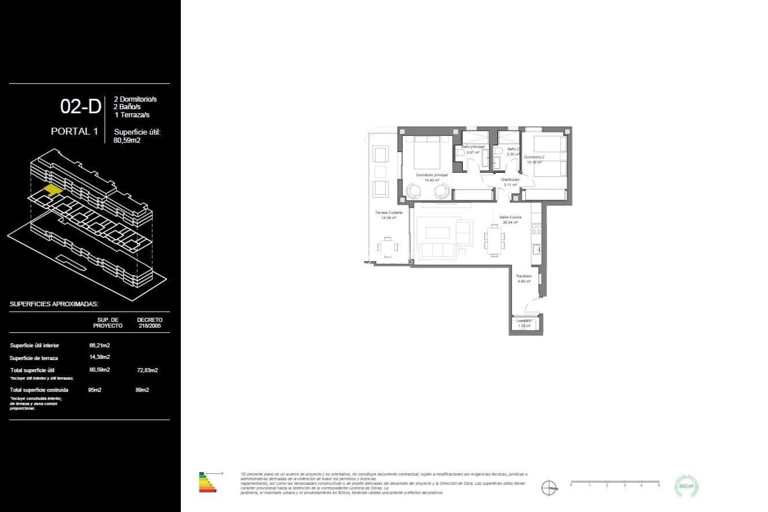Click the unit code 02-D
click(x=80, y=107)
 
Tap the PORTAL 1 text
click(x=74, y=131)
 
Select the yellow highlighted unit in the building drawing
click(x=53, y=189)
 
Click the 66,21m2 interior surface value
click(x=99, y=345)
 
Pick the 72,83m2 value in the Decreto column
click(x=147, y=370)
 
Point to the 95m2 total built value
click(x=95, y=390)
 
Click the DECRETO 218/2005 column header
click(x=150, y=323)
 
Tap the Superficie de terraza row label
click(x=34, y=358)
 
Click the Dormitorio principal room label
click(x=432, y=175)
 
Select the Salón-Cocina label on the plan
click(x=510, y=217)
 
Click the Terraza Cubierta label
click(x=388, y=213)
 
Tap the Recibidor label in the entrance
click(x=524, y=276)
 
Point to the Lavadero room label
click(x=524, y=321)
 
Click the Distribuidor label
click(x=510, y=180)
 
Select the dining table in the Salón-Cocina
click(x=494, y=240)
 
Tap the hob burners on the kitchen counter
click(x=536, y=229)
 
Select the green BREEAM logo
click(x=686, y=486)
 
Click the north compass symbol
click(x=549, y=488)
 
